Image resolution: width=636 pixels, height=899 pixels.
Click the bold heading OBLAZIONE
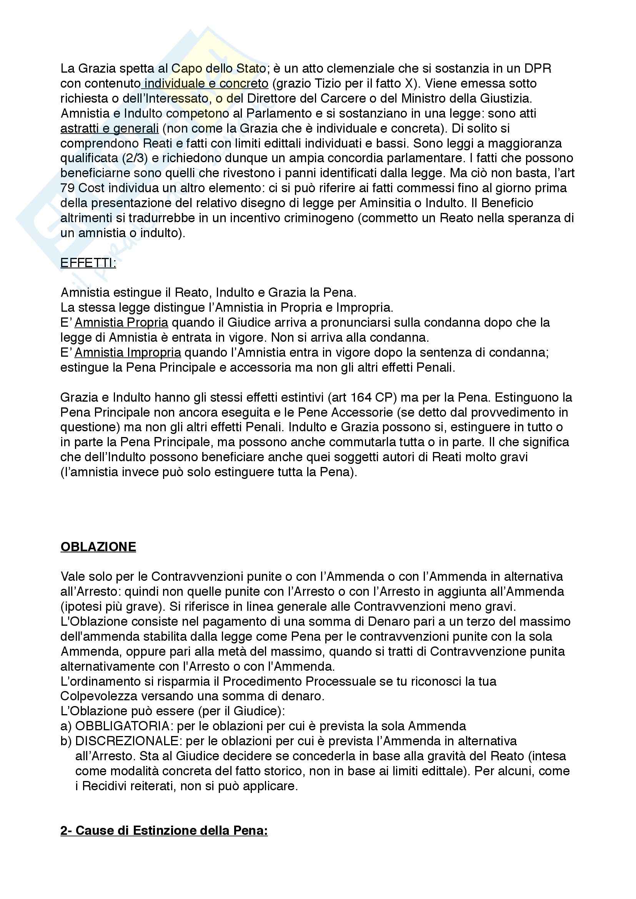pos(98,547)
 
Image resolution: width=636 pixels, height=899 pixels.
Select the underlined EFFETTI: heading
pos(88,263)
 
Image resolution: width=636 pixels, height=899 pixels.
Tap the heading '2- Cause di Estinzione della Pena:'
pos(164,831)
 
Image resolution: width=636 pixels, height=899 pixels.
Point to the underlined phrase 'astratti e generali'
pos(110,128)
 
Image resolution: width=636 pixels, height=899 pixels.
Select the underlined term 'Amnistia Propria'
pos(122,322)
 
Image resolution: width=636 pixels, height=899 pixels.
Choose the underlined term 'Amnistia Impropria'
pos(128,352)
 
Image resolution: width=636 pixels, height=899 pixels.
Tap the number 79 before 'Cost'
pos(68,188)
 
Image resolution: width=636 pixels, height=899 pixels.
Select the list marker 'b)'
pos(66,741)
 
